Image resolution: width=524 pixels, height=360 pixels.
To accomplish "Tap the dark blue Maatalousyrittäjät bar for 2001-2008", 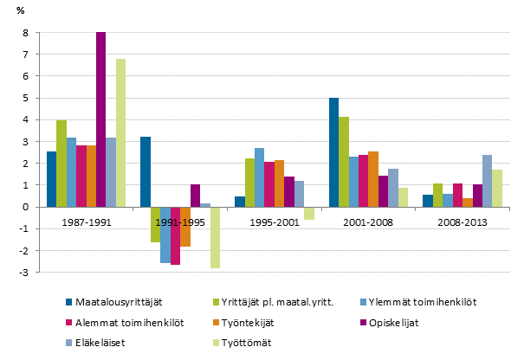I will point(333,152).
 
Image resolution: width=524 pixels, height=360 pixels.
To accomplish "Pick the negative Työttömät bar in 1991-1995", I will point(215,237).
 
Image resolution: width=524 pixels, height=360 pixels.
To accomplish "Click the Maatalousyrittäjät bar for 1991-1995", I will point(146,171).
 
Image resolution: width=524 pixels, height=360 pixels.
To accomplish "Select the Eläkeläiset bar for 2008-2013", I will point(488,181).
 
